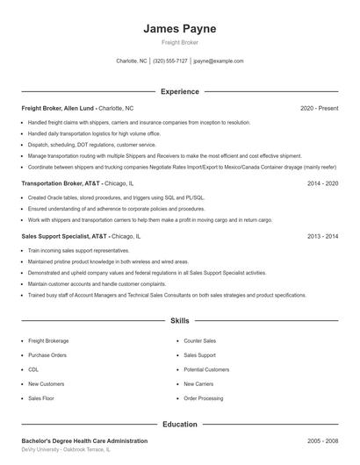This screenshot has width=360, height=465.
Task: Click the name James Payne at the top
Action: click(179, 29)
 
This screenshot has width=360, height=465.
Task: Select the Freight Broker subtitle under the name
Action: click(179, 42)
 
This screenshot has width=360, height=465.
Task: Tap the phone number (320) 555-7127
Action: click(170, 61)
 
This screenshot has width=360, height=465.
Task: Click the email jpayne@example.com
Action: click(219, 61)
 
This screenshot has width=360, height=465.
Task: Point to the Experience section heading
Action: click(179, 91)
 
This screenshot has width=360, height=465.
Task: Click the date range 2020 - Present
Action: click(319, 108)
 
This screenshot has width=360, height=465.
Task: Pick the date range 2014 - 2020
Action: click(322, 183)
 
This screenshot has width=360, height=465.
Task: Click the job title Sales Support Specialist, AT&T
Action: click(63, 236)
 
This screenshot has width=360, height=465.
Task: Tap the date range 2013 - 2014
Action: click(322, 236)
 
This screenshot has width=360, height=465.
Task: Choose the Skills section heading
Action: click(179, 322)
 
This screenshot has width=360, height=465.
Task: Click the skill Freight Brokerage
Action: click(48, 340)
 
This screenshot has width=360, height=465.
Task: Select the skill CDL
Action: click(33, 369)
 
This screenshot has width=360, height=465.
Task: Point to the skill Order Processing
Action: click(204, 398)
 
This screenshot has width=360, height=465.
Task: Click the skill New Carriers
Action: click(199, 383)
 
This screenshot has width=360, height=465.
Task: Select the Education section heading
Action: click(179, 425)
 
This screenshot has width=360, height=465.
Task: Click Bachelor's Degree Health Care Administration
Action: click(84, 440)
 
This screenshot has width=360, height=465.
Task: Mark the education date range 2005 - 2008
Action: click(322, 440)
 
